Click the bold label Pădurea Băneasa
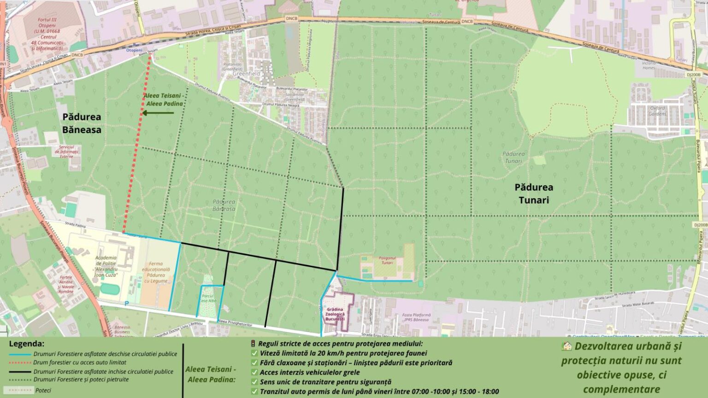point(82,123)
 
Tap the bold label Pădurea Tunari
point(533,193)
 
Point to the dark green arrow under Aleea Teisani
point(158,113)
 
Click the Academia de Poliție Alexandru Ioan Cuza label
point(106,266)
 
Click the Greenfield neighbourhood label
point(246,74)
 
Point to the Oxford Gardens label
point(657,111)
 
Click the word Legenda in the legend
point(27,344)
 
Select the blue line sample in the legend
point(20,355)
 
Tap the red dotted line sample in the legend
point(20,363)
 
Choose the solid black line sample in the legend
point(20,371)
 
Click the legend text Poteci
point(43,390)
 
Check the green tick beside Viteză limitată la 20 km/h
point(254,353)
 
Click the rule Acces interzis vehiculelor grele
point(309,372)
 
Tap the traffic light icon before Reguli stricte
point(253,344)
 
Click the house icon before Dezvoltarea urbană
point(566,346)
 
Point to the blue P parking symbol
point(127,303)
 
